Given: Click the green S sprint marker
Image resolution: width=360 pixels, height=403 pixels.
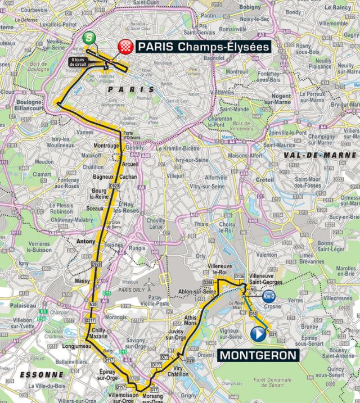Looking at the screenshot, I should pyautogui.click(x=88, y=38).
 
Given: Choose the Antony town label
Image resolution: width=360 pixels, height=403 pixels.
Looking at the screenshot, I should pyautogui.click(x=85, y=243).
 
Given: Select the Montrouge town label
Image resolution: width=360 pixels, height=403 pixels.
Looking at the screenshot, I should pyautogui.click(x=107, y=146).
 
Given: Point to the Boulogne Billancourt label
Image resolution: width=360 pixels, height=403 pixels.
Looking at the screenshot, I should pyautogui.click(x=29, y=107).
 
